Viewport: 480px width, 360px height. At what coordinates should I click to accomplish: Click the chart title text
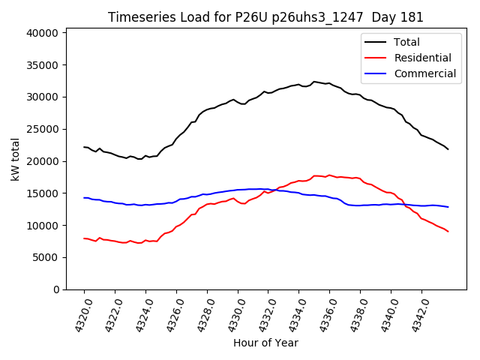(x=265, y=17)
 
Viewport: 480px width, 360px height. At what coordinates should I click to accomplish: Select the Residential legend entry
(x=422, y=58)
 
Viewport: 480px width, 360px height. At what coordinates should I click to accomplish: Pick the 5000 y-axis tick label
(x=47, y=257)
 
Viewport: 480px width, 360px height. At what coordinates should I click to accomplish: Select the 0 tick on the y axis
(x=56, y=289)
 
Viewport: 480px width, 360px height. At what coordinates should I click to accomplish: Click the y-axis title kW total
(x=16, y=159)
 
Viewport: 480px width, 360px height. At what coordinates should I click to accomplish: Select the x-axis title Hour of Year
(x=265, y=343)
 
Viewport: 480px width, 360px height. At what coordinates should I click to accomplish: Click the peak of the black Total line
(x=314, y=81)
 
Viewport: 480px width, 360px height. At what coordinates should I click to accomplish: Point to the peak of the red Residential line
(x=328, y=175)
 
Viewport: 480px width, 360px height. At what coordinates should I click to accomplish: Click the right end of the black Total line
(x=448, y=149)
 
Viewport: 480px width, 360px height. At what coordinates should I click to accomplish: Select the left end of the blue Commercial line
(x=84, y=198)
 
